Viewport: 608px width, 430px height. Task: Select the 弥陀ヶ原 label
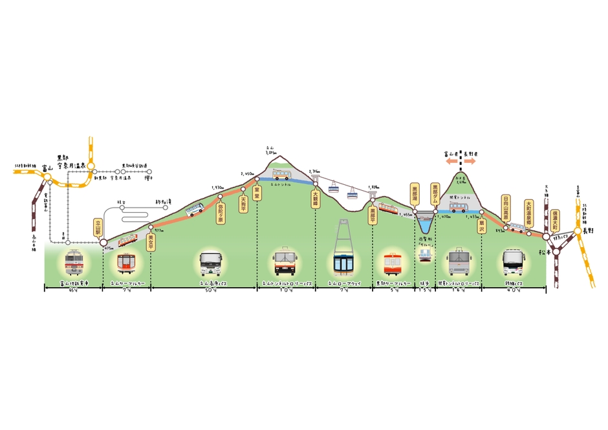[x=221, y=211]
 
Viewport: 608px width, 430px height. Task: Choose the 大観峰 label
[x=316, y=197]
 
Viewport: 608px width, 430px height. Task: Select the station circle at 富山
[x=47, y=176]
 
